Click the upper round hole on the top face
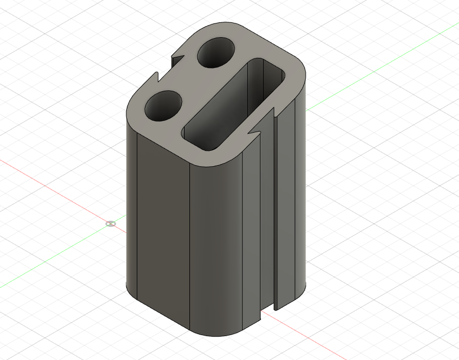click(216, 53)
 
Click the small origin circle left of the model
click(110, 224)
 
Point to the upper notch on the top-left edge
click(177, 59)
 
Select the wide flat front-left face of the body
click(162, 228)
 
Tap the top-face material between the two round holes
click(188, 80)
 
